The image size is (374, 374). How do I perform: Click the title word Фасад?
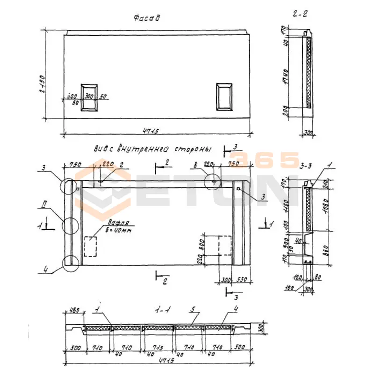tap(147, 18)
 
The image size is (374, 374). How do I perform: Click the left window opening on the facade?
tap(89, 97)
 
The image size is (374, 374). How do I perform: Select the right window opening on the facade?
tap(224, 97)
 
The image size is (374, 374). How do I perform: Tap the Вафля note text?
tap(115, 223)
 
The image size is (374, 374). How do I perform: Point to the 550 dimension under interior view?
tap(242, 279)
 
